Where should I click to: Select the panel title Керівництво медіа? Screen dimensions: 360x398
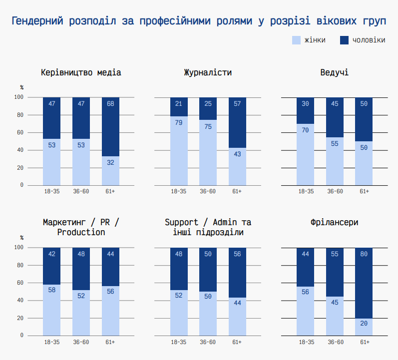click(x=81, y=73)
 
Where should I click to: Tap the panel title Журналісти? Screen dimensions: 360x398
click(x=208, y=73)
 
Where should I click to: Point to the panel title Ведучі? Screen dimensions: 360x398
click(x=335, y=73)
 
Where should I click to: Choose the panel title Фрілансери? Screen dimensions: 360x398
click(x=335, y=223)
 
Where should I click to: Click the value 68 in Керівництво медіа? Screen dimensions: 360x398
click(x=110, y=104)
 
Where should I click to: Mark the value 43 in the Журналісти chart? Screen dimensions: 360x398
click(x=237, y=154)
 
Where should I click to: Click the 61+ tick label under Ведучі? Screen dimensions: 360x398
click(x=364, y=191)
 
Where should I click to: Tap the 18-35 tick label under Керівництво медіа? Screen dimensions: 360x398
click(x=51, y=191)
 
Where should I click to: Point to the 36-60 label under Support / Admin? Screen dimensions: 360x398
click(x=208, y=342)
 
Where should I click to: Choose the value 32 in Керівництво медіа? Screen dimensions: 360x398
click(x=110, y=163)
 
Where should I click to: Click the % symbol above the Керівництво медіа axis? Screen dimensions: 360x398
click(x=21, y=87)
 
